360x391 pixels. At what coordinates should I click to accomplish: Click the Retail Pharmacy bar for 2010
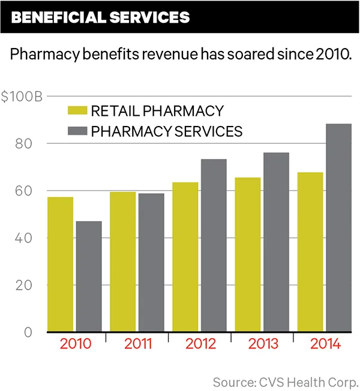pos(61,264)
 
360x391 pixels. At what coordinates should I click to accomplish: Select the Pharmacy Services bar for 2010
pos(89,276)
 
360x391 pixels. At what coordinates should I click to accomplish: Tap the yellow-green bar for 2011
pos(123,261)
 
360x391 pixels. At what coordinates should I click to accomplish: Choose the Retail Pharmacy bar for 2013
pos(248,254)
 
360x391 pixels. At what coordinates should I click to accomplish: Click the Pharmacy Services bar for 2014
pos(338,227)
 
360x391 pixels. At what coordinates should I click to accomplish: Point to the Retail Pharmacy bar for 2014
pos(310,252)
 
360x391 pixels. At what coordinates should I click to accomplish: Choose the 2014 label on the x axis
pos(325,345)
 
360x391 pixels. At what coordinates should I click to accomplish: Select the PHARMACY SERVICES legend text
pos(167,131)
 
